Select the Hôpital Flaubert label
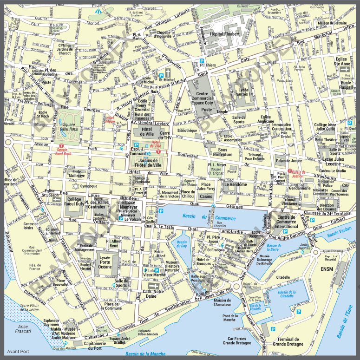(225, 34)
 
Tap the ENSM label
(327, 268)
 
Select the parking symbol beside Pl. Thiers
(202, 60)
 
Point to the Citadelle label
(283, 277)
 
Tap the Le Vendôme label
(236, 184)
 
